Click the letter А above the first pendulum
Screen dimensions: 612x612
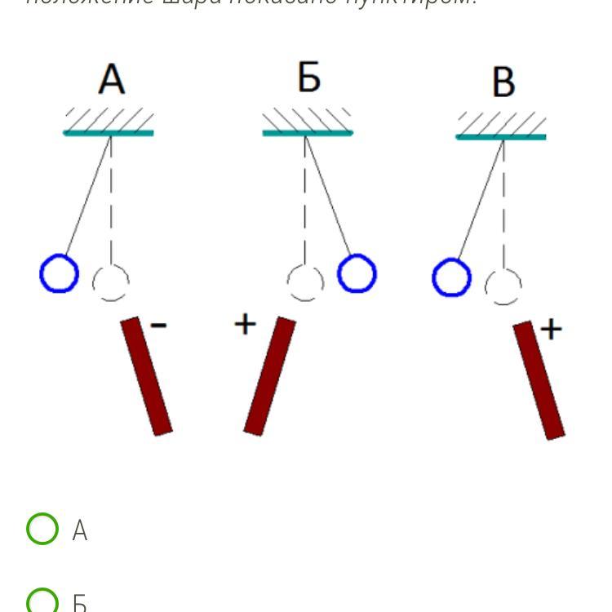(111, 80)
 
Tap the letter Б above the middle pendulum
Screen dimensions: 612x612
(308, 78)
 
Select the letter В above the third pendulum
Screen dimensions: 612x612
(503, 82)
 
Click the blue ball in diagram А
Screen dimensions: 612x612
(59, 273)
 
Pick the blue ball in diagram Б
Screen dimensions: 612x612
(357, 273)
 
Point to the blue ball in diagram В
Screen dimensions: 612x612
(451, 278)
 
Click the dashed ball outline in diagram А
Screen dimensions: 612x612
(111, 283)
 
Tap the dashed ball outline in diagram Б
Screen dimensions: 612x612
(305, 283)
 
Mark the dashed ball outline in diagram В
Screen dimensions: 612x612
(503, 287)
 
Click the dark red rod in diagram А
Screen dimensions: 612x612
(146, 375)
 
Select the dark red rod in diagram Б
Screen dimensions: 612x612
(269, 375)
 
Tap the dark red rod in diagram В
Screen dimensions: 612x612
(539, 379)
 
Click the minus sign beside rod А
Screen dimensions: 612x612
(159, 326)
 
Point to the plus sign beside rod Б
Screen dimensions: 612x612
(245, 324)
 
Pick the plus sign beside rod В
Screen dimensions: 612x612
(552, 329)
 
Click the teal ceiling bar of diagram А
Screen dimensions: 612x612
(109, 132)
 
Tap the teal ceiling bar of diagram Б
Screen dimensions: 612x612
(308, 132)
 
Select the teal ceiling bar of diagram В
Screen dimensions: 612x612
(501, 136)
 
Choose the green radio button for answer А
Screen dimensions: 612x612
(42, 529)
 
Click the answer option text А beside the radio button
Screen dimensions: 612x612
(79, 531)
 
